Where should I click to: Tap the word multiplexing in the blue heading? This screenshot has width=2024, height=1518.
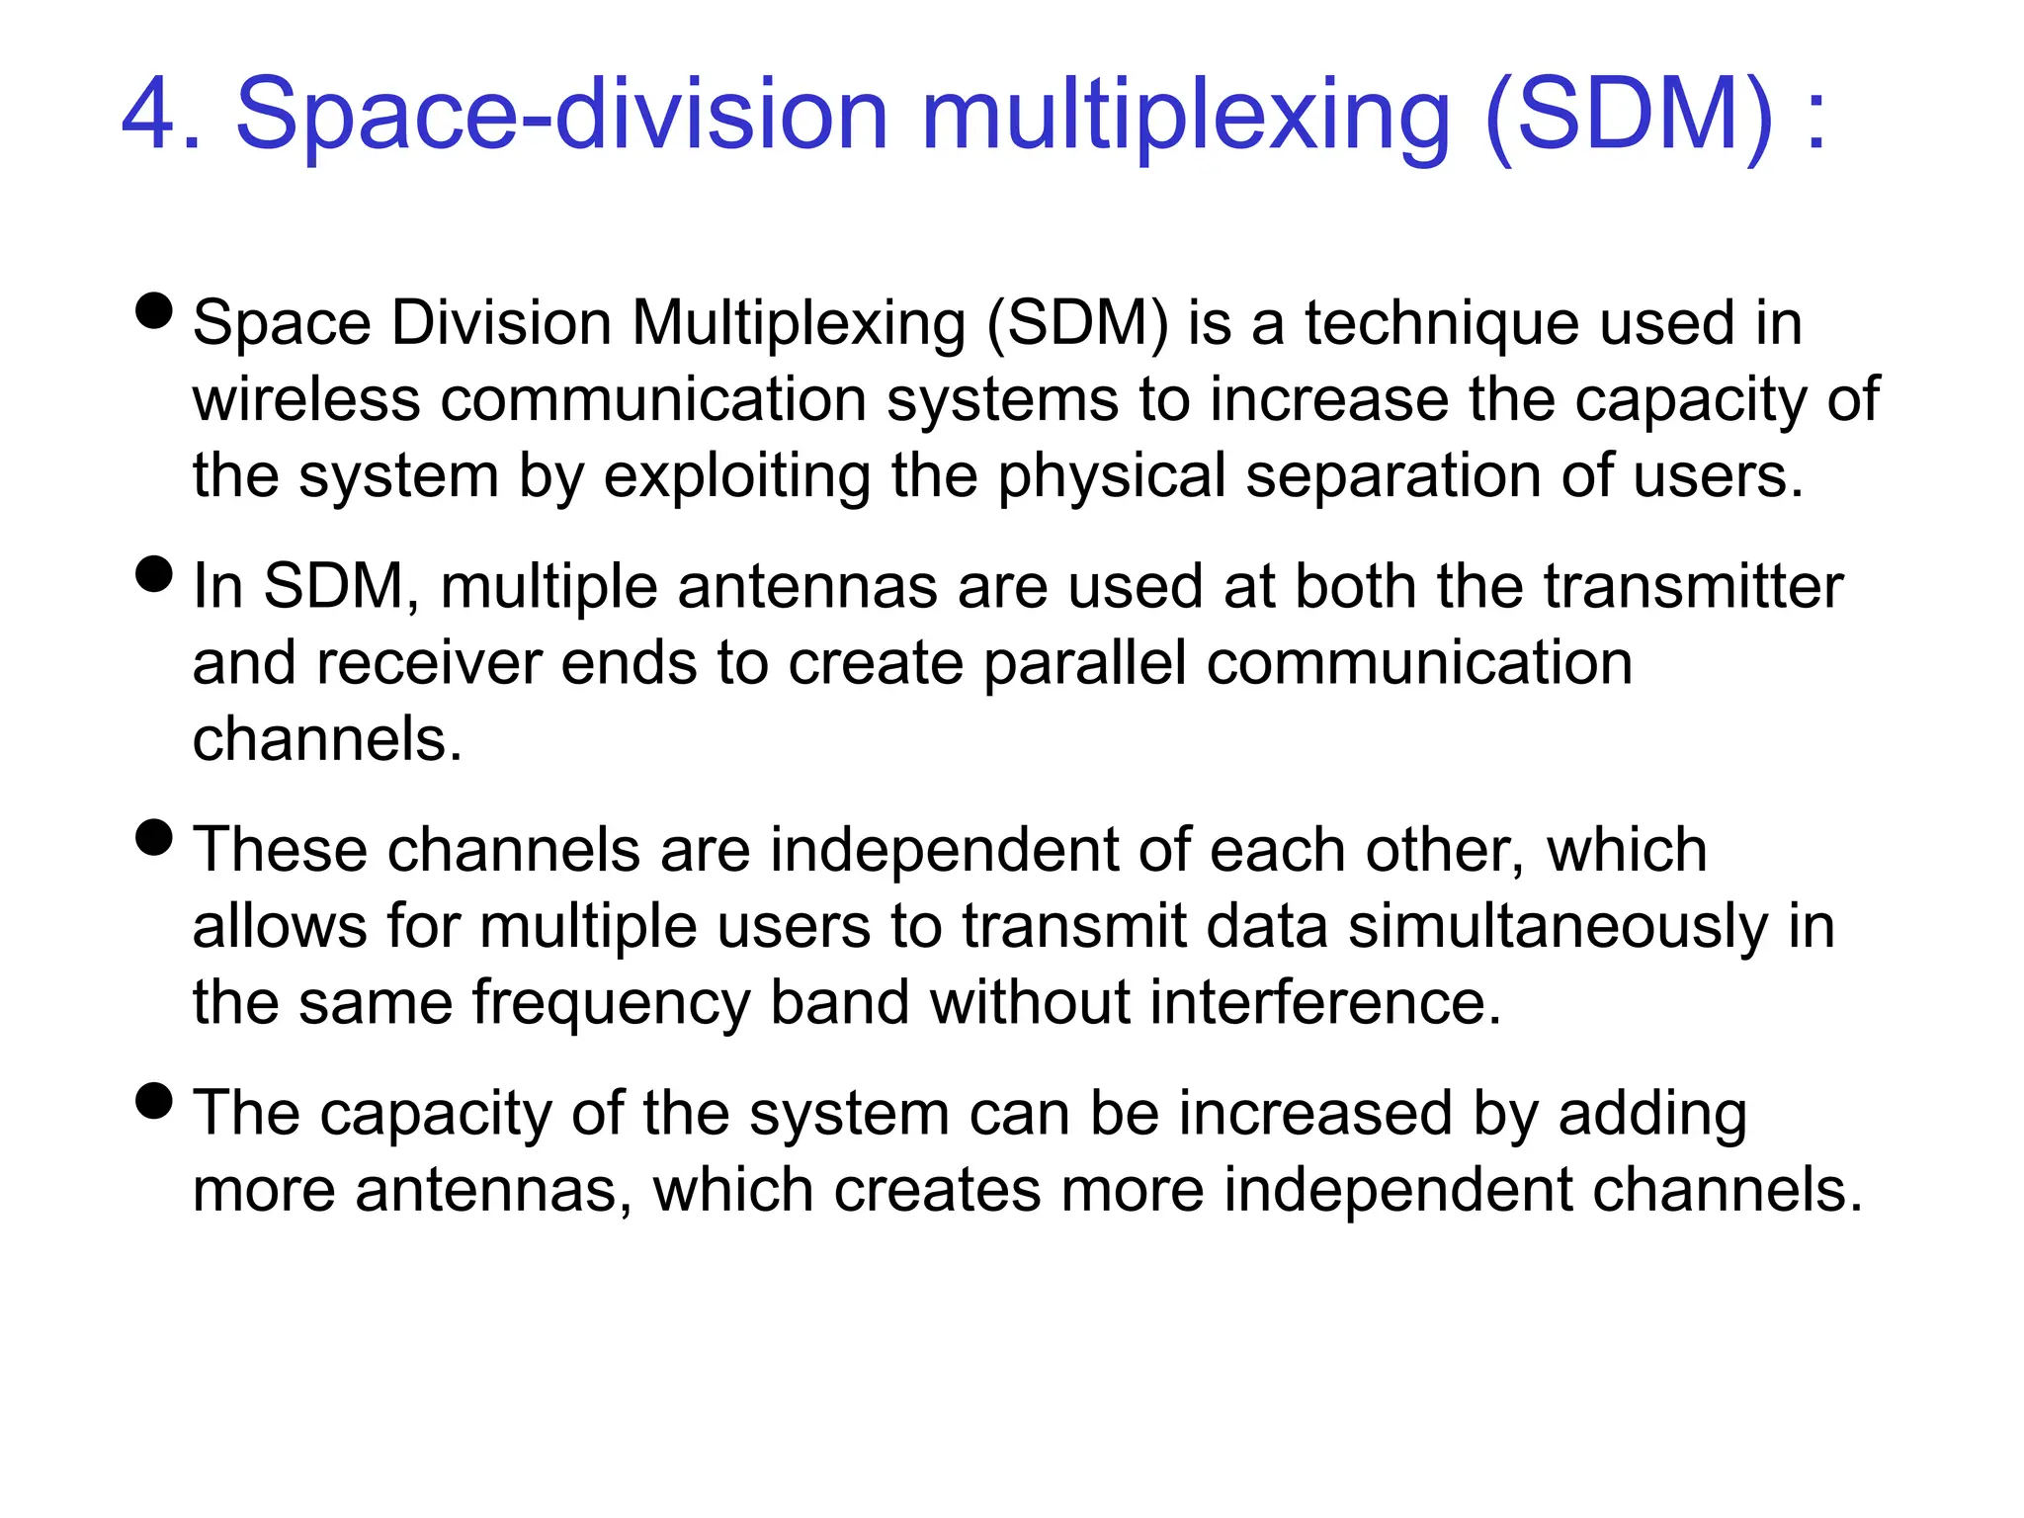click(1185, 117)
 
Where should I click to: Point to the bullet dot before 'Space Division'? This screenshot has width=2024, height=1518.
click(154, 309)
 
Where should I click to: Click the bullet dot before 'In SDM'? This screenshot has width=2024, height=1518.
click(154, 573)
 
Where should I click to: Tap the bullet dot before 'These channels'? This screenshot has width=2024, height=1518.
click(154, 837)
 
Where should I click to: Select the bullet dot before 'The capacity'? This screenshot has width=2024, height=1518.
click(154, 1100)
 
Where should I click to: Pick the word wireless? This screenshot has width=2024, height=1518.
click(306, 399)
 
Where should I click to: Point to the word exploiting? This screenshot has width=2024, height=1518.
click(736, 476)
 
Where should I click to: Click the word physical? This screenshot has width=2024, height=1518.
click(1112, 476)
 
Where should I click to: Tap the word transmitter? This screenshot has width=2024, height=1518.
click(1693, 586)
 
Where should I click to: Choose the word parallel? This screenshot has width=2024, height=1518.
click(1084, 663)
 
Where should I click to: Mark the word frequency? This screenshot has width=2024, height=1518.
click(611, 1003)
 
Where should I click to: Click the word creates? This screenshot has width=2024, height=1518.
click(937, 1190)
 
